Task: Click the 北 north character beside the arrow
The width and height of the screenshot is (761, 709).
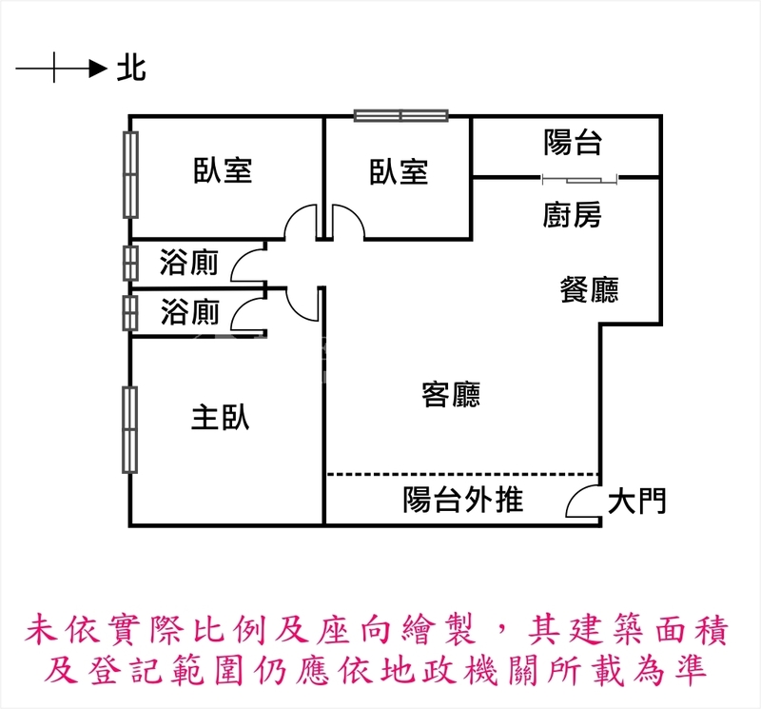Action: coord(131,69)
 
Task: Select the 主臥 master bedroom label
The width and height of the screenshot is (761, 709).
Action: coord(221,417)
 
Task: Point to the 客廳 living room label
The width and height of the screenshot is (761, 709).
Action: coord(451,395)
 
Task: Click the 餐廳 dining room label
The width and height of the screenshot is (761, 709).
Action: coord(589,289)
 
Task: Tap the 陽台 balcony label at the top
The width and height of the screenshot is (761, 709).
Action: coord(573,143)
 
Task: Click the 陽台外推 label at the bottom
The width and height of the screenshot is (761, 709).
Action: coord(463,500)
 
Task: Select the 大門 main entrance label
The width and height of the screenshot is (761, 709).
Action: coord(637,502)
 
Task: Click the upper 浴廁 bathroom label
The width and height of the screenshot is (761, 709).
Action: coord(189,263)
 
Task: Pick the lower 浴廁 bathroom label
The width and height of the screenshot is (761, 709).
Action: coord(189,312)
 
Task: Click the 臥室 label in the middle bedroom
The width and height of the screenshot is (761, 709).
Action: coord(399,172)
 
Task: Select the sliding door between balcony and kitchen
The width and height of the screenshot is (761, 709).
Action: coord(578,178)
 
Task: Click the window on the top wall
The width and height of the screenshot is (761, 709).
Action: coord(400,116)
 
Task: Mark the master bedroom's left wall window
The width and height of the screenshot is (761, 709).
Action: coord(129,429)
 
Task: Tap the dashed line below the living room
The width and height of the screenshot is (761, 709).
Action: coord(463,474)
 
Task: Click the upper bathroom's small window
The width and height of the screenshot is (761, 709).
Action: coord(129,263)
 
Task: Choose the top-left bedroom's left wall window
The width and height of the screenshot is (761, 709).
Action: coord(129,174)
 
